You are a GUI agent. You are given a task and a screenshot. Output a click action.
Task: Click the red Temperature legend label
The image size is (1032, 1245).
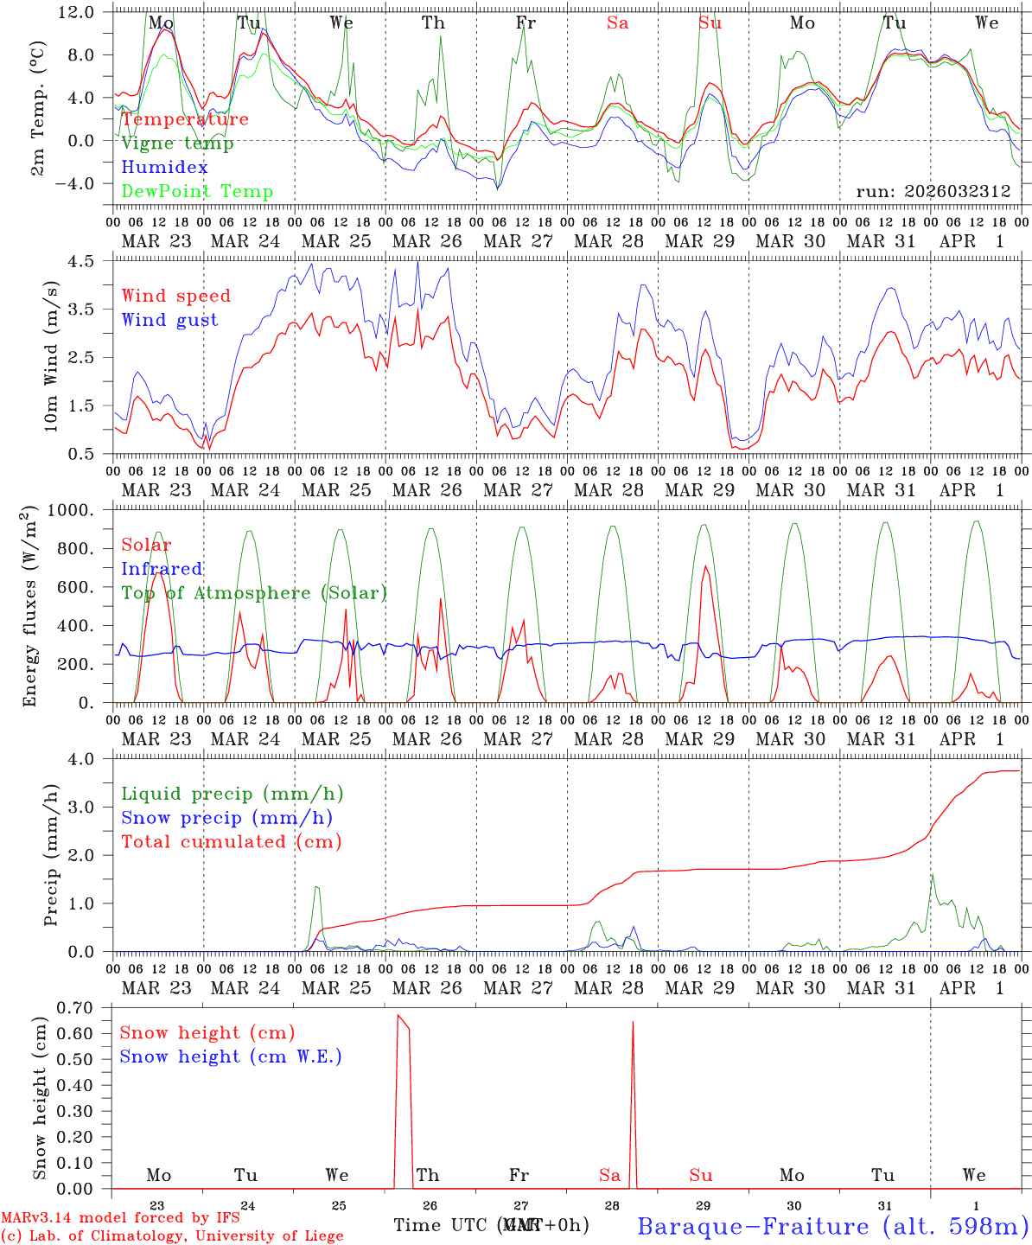coord(185,119)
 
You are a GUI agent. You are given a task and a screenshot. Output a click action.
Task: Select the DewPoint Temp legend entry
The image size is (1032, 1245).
coord(197,192)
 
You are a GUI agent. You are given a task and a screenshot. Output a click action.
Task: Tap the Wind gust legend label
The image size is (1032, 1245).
coord(169,320)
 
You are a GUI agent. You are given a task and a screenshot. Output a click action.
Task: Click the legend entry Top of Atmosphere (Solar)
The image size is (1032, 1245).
coord(253,593)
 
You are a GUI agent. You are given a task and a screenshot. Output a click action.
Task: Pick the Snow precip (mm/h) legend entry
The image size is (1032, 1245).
coord(226,818)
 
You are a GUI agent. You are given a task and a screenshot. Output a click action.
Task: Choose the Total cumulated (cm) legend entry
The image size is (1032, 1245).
coord(231,842)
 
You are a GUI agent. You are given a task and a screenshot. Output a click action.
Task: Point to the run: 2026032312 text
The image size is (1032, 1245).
coord(933,192)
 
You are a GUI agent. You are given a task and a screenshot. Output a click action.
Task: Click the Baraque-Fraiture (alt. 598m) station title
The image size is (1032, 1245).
coord(832,1225)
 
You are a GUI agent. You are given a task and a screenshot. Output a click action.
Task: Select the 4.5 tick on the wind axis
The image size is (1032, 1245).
coord(88,261)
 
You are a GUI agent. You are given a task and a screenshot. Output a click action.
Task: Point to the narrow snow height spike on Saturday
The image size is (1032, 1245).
coord(633,1023)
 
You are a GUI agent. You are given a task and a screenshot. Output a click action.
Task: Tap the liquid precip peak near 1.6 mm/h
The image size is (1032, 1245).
coord(932,875)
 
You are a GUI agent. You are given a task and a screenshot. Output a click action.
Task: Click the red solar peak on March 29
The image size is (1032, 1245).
coord(705,566)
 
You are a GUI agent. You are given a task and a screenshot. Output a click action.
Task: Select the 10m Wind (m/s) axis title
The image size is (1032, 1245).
coord(50,356)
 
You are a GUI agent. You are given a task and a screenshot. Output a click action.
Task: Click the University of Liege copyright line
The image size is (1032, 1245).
coord(172,1235)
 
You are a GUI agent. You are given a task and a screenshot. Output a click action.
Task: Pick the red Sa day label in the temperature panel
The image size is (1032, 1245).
coord(617,23)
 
